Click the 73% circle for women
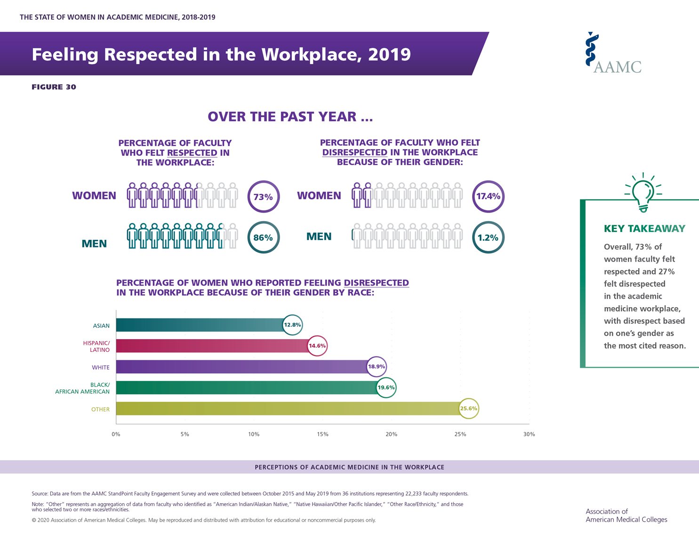tap(264, 197)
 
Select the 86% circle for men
tap(264, 238)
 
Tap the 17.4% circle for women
tap(488, 197)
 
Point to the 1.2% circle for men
tap(488, 238)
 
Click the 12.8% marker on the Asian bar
tap(292, 325)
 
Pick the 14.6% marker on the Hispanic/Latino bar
tap(317, 346)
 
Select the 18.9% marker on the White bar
tap(376, 366)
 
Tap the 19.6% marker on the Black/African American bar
tap(386, 388)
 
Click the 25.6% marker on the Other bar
tap(469, 408)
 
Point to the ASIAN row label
tap(101, 326)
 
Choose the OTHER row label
tap(100, 409)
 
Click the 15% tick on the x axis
tap(322, 434)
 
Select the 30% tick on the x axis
tap(529, 434)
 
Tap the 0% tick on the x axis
tap(116, 434)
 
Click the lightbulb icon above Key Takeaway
tap(643, 193)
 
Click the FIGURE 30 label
tap(54, 87)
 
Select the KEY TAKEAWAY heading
tap(644, 229)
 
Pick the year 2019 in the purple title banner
tap(389, 55)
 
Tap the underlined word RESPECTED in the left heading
tap(192, 153)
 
